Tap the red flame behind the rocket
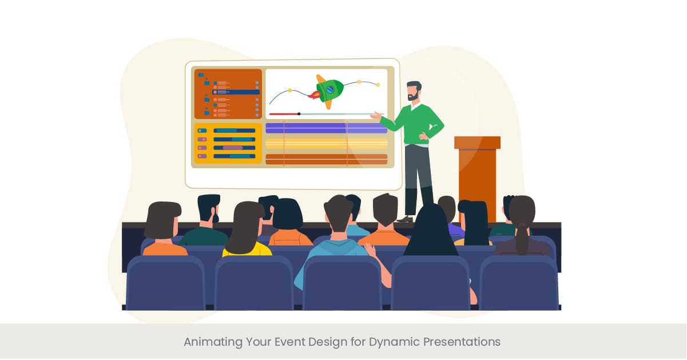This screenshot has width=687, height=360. [312, 96]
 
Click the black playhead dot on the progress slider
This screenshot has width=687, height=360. [299, 114]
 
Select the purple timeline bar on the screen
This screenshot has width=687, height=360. [326, 128]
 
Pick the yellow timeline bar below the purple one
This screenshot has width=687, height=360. [326, 143]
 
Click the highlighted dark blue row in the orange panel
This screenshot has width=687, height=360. [236, 92]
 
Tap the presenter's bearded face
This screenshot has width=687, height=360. [413, 93]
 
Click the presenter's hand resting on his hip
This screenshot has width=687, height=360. [424, 138]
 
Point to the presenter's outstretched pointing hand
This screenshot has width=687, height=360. [375, 117]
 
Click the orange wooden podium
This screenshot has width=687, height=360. [477, 172]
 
